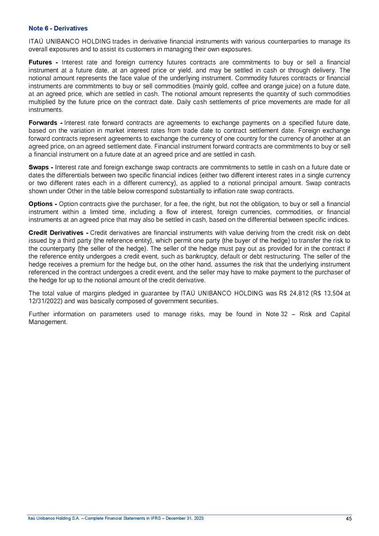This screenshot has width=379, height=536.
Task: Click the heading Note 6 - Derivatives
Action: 58,28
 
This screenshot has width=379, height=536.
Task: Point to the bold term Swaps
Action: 40,167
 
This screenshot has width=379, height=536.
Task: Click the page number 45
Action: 349,518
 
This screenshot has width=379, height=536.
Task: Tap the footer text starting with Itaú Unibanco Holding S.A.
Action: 115,518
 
